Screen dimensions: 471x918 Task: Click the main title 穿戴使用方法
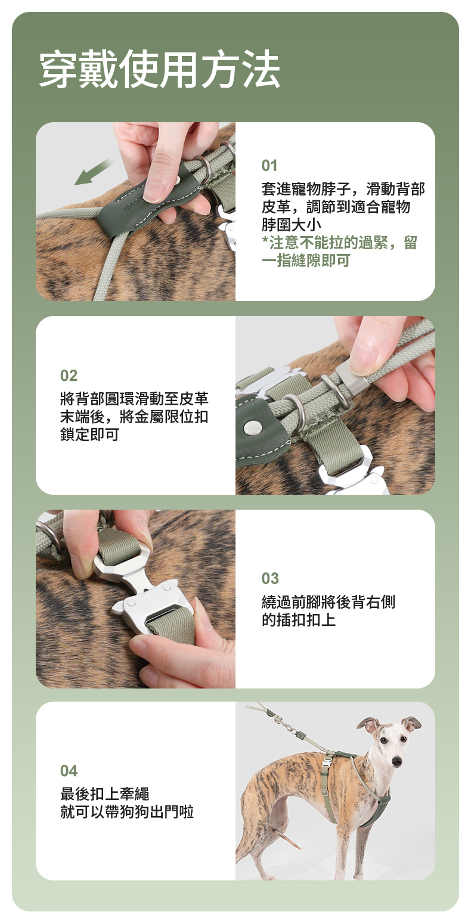pyautogui.click(x=159, y=69)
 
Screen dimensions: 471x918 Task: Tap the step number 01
pyautogui.click(x=269, y=166)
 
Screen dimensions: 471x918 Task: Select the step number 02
pyautogui.click(x=69, y=376)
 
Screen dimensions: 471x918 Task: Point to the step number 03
pyautogui.click(x=270, y=578)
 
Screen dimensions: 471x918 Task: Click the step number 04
pyautogui.click(x=69, y=771)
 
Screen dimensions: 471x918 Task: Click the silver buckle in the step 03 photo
pyautogui.click(x=144, y=585)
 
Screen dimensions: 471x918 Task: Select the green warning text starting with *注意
pyautogui.click(x=339, y=251)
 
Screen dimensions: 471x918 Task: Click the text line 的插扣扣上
pyautogui.click(x=299, y=620)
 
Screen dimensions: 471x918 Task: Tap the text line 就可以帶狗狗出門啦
pyautogui.click(x=127, y=811)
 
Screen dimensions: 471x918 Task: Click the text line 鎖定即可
pyautogui.click(x=89, y=435)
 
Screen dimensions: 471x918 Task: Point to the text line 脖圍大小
pyautogui.click(x=291, y=225)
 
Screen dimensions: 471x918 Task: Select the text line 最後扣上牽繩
pyautogui.click(x=104, y=794)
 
